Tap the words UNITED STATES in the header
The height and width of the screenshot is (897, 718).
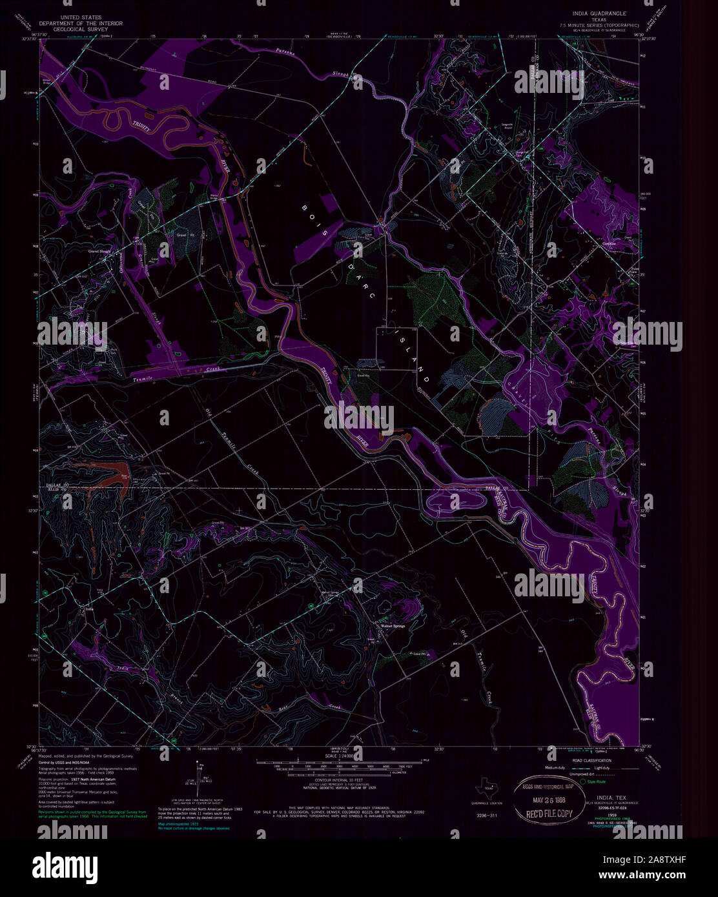(81, 13)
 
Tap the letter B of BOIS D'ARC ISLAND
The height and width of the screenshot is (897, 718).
(305, 208)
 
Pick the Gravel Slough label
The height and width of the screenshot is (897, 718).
(101, 250)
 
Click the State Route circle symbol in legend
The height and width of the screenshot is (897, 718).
(583, 782)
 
